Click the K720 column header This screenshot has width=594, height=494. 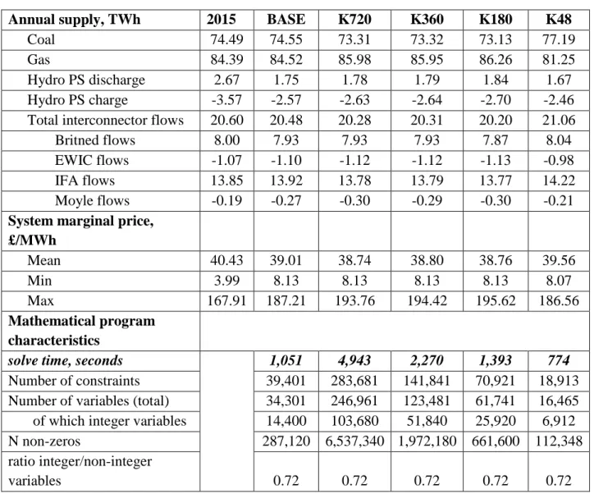coord(354,20)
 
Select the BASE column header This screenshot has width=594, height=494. coord(286,20)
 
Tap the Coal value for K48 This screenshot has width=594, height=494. coord(559,39)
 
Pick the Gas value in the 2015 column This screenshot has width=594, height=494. coord(226,59)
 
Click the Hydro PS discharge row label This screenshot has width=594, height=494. coord(86,80)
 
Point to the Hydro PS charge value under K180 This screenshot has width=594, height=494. coord(496,100)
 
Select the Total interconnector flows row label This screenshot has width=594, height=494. coord(105,120)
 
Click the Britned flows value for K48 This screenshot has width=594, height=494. coord(559,140)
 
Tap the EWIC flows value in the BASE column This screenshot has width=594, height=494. coord(286,160)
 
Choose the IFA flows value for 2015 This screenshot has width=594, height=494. coord(226,181)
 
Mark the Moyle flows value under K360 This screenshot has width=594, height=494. coord(427,200)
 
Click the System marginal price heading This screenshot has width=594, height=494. coord(80,231)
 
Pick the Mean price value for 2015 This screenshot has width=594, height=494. coord(226,261)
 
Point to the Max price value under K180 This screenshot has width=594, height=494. coord(496,301)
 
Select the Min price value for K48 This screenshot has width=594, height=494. coord(559,281)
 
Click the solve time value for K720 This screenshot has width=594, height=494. coord(354,360)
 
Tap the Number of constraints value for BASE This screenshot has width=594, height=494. coord(286,381)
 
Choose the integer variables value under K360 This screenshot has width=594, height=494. coord(427,421)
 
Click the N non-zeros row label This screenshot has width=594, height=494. coord(44,441)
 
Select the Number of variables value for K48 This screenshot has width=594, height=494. coord(559,400)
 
